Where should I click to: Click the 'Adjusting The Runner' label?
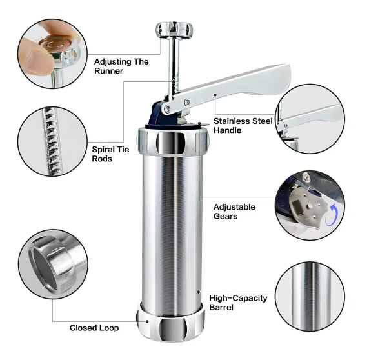point(121,66)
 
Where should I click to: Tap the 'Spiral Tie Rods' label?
point(110,154)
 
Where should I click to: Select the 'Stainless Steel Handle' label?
point(243,125)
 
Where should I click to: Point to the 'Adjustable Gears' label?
point(234,212)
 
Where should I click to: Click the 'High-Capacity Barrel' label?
point(238,303)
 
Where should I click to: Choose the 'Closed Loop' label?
point(94,328)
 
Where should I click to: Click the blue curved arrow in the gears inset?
point(332,215)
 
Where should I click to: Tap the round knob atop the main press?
point(174,30)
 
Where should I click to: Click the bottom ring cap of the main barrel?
point(170,322)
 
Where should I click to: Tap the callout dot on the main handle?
point(215,95)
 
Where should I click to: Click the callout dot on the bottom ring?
point(147,321)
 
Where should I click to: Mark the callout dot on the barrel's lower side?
point(199,292)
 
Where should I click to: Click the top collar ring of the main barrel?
point(173,141)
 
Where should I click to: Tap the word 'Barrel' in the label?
point(221,307)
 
